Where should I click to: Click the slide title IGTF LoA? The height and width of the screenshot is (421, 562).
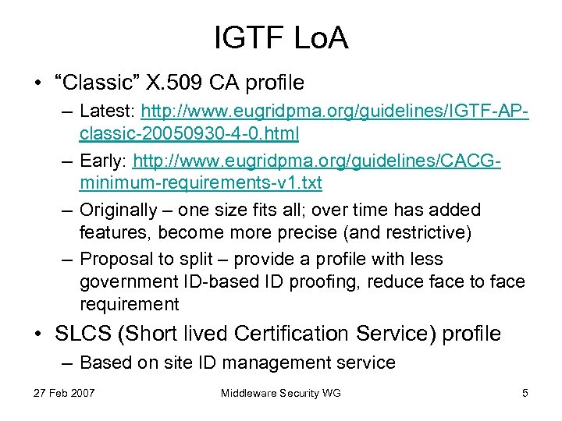pos(281,37)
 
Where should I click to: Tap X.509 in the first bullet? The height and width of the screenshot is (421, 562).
pos(167,82)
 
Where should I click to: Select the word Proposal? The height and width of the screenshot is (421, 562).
pos(114,260)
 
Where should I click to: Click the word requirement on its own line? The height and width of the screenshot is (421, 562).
pos(129,302)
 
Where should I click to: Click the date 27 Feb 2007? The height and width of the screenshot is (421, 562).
pos(65,393)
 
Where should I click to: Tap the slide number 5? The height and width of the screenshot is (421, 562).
pos(525,393)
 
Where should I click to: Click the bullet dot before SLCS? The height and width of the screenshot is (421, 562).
pos(40,334)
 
